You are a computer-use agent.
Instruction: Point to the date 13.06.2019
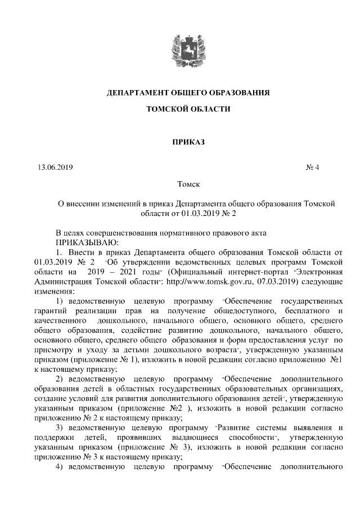coord(55,167)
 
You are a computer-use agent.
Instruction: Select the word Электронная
coord(318,272)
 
